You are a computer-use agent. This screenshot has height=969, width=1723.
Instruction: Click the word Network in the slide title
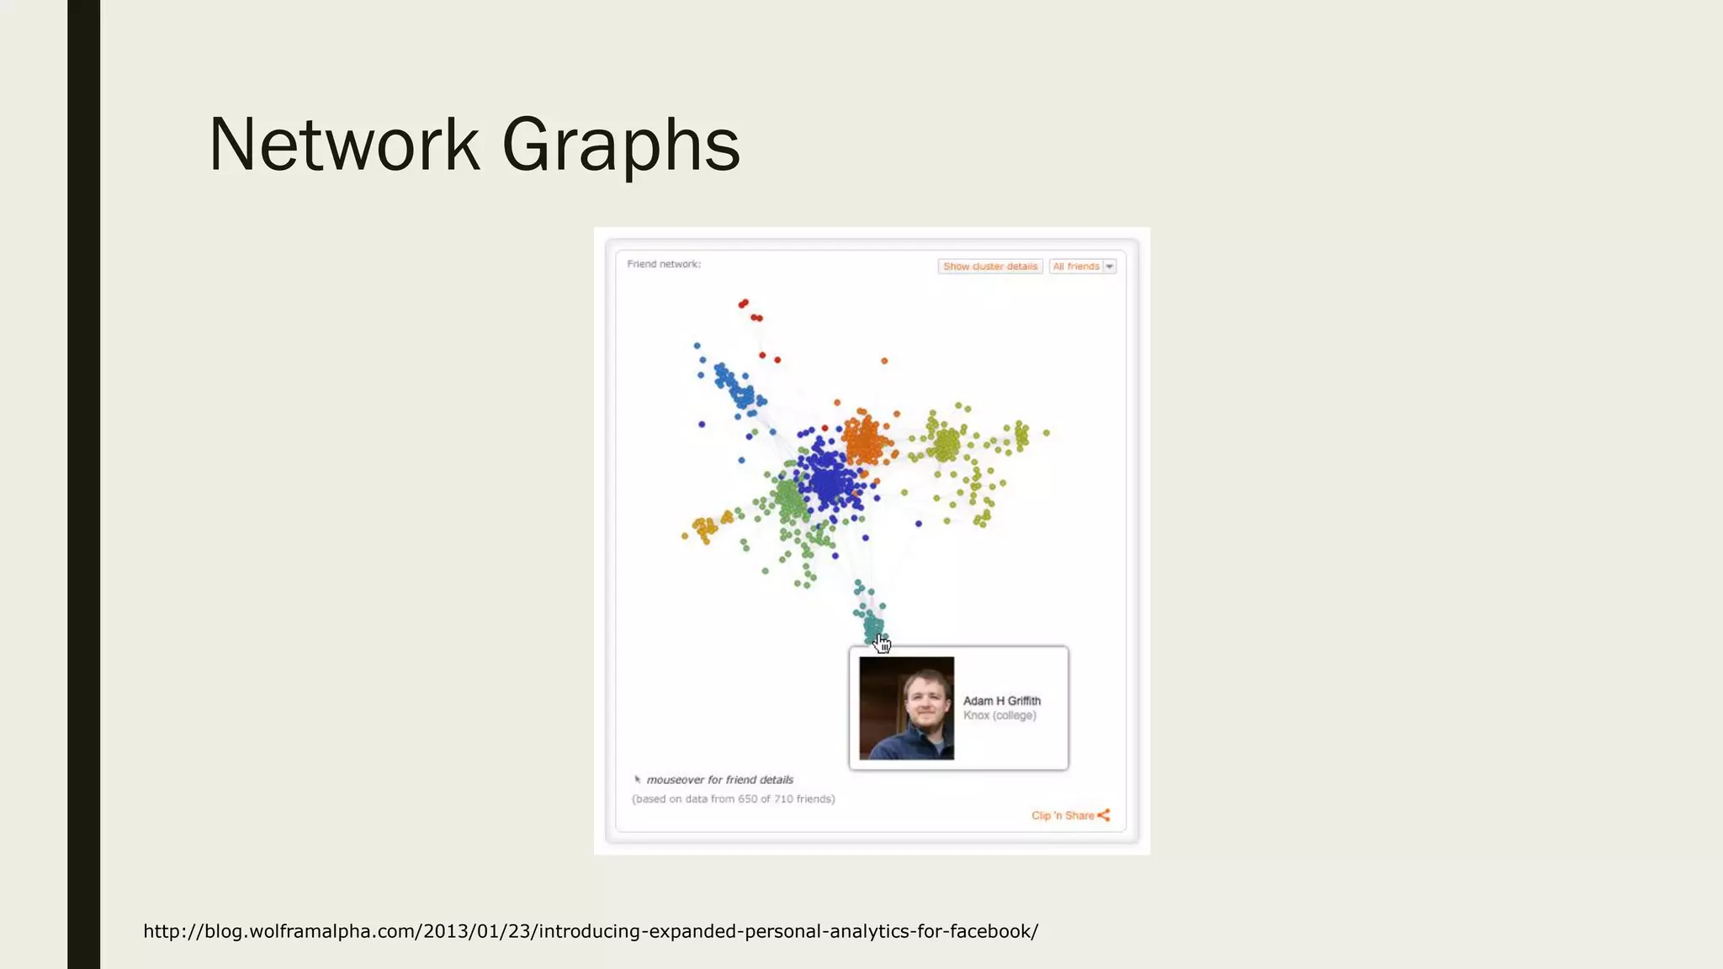tap(344, 145)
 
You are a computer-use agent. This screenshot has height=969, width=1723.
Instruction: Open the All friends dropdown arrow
tap(1110, 267)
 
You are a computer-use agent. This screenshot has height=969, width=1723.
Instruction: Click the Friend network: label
tap(664, 264)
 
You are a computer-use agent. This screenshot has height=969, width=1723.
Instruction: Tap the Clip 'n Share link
tap(1063, 815)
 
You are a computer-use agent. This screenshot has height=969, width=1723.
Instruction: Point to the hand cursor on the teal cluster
tap(882, 644)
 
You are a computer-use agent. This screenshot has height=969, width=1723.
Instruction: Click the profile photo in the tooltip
tap(906, 708)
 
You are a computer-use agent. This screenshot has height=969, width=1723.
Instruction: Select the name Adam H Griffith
tap(1001, 701)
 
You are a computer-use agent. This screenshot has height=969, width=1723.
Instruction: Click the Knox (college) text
tap(999, 716)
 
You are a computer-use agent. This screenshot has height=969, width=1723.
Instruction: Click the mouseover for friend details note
tap(719, 780)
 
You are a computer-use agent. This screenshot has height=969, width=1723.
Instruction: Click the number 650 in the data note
tap(747, 799)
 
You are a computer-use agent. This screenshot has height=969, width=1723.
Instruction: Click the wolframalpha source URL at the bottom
tap(591, 931)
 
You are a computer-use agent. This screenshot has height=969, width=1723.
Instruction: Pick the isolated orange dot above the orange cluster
tap(884, 361)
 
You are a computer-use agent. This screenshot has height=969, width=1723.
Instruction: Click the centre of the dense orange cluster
tap(866, 439)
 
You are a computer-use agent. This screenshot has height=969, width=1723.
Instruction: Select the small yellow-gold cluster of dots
tap(704, 528)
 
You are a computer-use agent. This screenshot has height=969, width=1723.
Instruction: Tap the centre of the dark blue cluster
tap(829, 479)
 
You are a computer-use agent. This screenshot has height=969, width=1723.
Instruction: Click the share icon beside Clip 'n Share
tap(1104, 815)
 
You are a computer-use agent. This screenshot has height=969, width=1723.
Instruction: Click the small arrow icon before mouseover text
tap(638, 780)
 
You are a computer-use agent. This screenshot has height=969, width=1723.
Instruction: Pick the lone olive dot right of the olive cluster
tap(1047, 433)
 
